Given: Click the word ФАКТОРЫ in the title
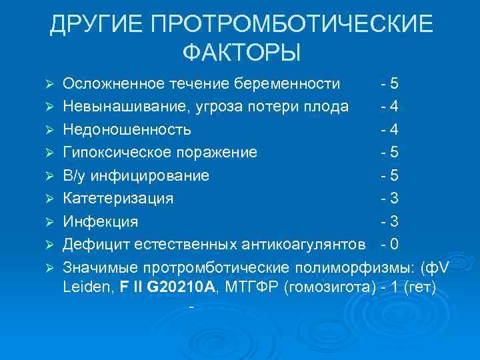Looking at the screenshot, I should coord(241,51).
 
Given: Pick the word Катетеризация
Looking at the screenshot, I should coord(118,198).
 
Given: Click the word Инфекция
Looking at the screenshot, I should coord(101,221).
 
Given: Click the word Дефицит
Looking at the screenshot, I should coord(94,244).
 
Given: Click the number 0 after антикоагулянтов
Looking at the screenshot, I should coord(395,244).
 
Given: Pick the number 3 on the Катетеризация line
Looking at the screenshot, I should coord(395,198).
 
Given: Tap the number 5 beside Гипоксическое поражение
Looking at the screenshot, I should coord(395,152).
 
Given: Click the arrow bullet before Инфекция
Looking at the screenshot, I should coord(48,222).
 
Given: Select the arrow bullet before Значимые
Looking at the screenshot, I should coord(48,268).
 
